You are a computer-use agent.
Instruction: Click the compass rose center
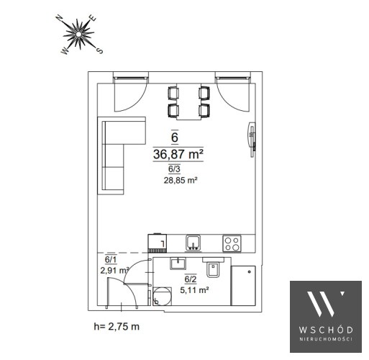click(78, 35)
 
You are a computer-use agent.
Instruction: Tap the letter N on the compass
click(59, 18)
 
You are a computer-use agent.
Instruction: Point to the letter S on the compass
click(100, 50)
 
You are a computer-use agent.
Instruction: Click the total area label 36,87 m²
click(178, 154)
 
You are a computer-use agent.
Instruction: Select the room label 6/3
click(174, 169)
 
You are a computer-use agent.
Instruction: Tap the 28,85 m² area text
click(181, 180)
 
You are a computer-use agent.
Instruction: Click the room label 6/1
click(111, 259)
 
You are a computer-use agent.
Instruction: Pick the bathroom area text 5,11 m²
click(194, 290)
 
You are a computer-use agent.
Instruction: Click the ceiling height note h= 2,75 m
click(117, 326)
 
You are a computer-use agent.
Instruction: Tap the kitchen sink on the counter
click(193, 243)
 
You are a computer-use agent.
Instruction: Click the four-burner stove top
click(232, 243)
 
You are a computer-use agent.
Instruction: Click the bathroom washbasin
click(178, 264)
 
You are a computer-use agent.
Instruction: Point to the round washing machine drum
click(162, 296)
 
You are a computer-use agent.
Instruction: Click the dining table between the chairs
click(188, 102)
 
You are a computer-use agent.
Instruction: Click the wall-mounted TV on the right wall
click(252, 140)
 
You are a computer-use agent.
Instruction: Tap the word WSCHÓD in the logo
click(326, 330)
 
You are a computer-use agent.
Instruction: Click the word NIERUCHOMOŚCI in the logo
click(326, 339)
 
